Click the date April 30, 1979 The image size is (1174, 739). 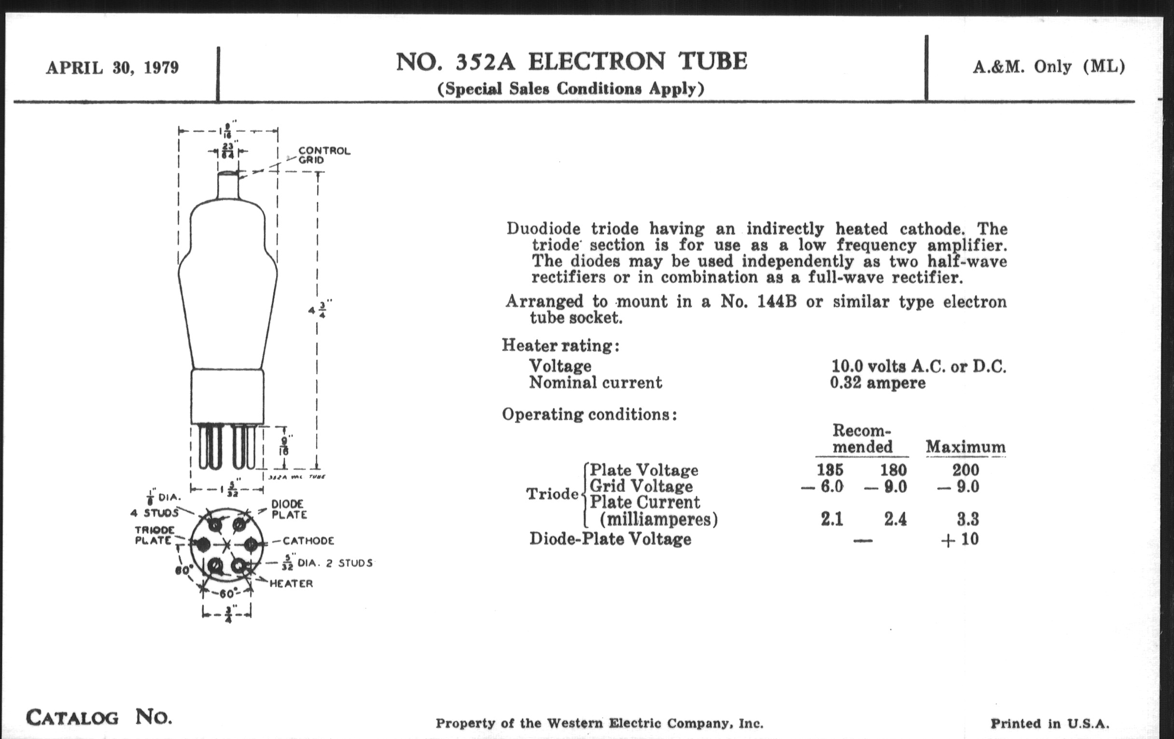click(x=112, y=68)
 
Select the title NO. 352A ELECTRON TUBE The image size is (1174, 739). click(x=571, y=62)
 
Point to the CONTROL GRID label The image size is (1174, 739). click(x=324, y=155)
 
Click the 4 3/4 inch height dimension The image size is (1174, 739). click(x=320, y=310)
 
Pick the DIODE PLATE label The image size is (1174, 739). click(x=289, y=509)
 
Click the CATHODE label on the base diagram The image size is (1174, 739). click(x=308, y=540)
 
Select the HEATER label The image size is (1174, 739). click(x=291, y=583)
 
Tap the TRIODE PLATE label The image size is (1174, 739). click(x=154, y=535)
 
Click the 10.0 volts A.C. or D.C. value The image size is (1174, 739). click(x=919, y=366)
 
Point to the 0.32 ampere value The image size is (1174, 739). click(x=878, y=383)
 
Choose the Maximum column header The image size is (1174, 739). click(x=965, y=447)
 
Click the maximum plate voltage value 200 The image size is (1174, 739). click(x=965, y=470)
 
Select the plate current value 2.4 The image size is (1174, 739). click(x=895, y=519)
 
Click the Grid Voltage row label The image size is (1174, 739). click(x=641, y=486)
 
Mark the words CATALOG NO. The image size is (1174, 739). click(x=99, y=717)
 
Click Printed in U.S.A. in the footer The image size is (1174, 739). click(x=1049, y=724)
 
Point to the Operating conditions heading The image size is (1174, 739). click(x=589, y=414)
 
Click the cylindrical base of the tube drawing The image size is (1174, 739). click(x=227, y=396)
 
